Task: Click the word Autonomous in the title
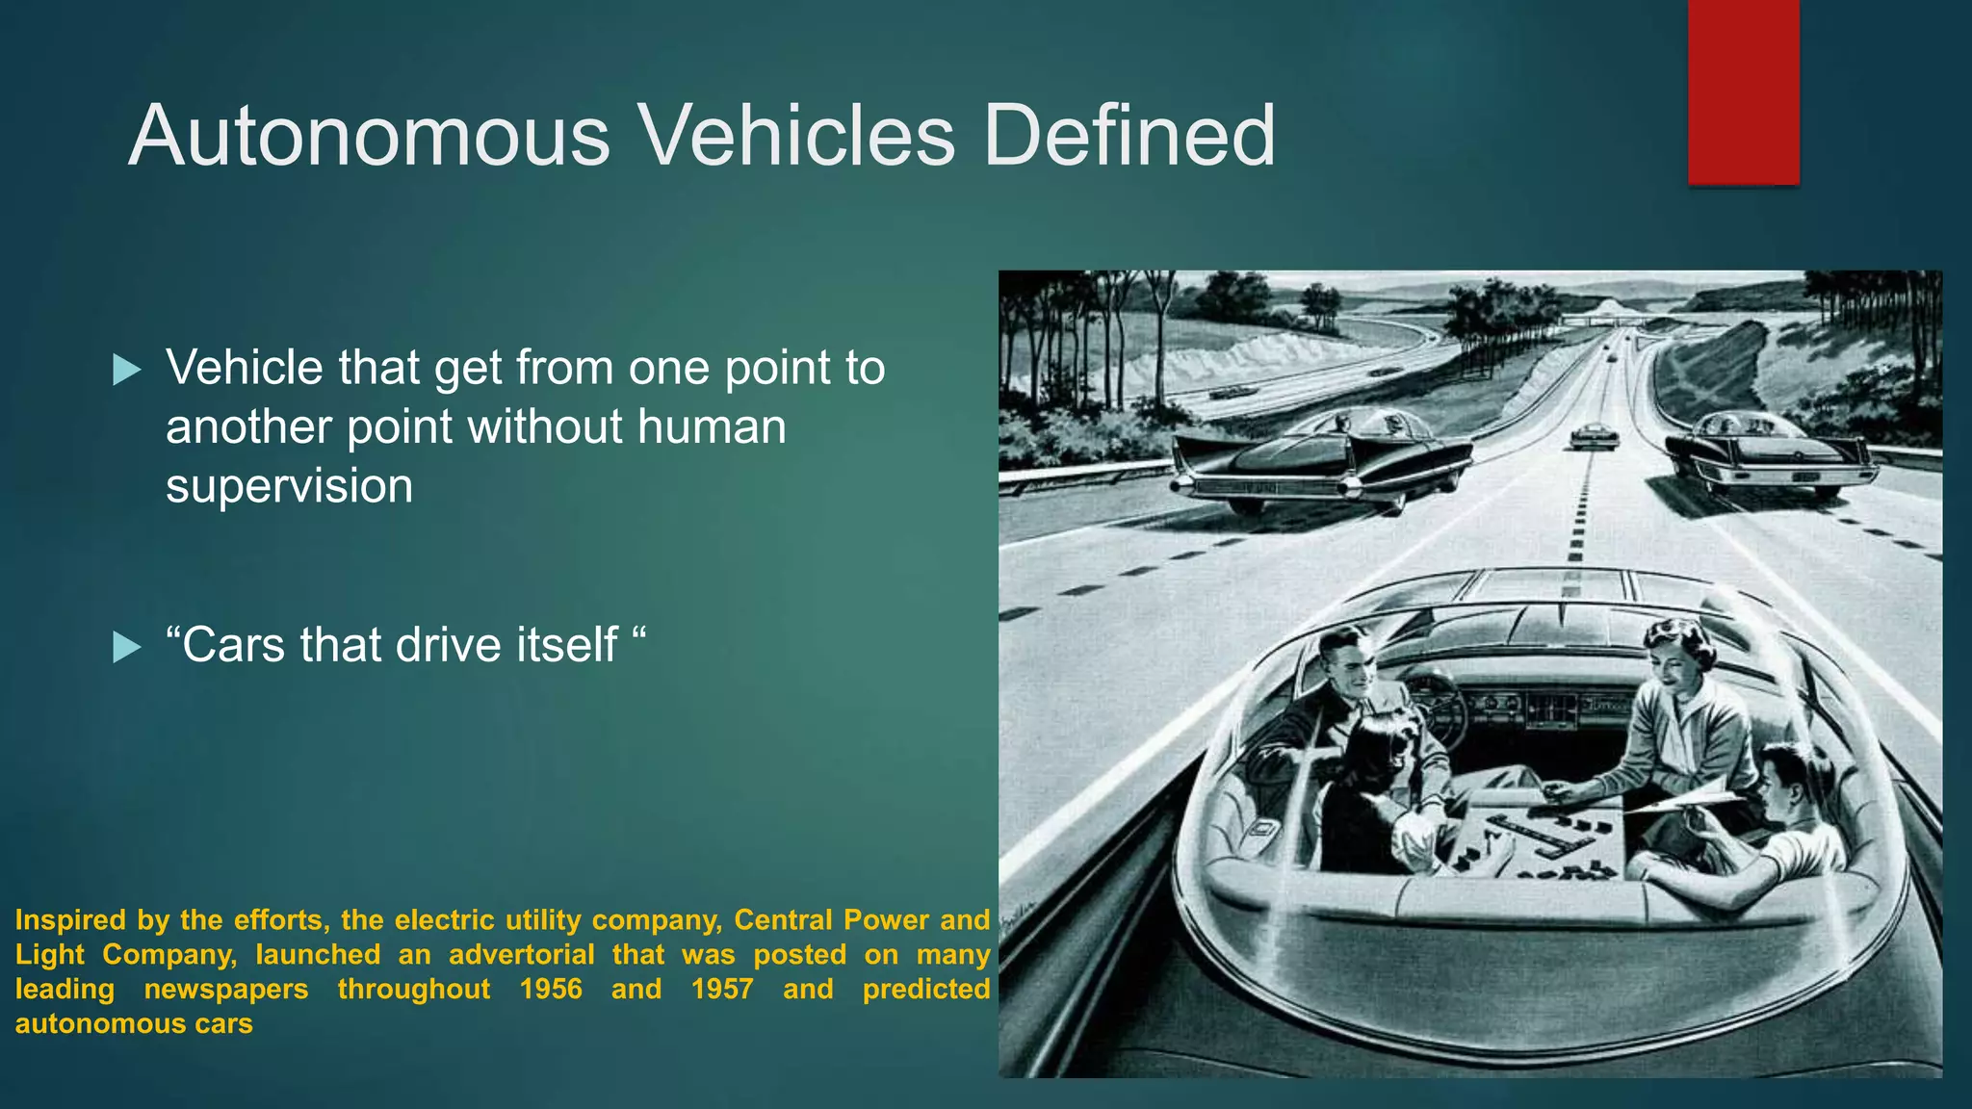pos(370,136)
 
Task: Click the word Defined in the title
pos(1129,136)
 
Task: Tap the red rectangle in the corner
pos(1743,92)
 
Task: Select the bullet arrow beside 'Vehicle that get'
pos(126,370)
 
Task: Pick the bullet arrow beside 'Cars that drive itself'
pos(126,647)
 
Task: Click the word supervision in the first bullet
pos(289,486)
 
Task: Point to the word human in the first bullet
pos(712,426)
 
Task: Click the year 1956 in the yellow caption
pos(551,989)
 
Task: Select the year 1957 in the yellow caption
pos(722,989)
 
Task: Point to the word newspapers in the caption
pos(226,989)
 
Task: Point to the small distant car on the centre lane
pos(1595,436)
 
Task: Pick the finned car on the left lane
pos(1319,462)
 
